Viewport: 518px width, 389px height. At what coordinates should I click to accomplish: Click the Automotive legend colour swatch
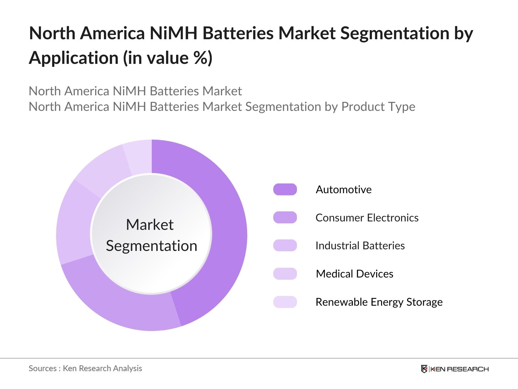pos(285,189)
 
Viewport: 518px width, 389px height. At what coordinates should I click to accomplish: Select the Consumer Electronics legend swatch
pos(285,218)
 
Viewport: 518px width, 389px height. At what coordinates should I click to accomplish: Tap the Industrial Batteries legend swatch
pos(285,245)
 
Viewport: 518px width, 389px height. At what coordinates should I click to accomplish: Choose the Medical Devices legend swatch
pos(285,274)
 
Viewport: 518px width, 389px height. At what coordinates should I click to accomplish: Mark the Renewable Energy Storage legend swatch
pos(285,302)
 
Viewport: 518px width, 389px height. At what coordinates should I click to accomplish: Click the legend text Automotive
pos(343,189)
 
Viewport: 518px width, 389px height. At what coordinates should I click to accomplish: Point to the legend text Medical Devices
pos(355,274)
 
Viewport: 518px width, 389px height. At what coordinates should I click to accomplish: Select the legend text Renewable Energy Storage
pos(379,302)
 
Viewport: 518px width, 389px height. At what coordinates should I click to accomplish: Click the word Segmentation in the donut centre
pos(152,246)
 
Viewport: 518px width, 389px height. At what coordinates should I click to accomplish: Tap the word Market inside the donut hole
pos(150,225)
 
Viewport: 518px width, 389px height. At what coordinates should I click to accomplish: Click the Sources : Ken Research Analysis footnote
pos(85,368)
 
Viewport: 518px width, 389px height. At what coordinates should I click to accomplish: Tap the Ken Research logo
pos(455,369)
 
